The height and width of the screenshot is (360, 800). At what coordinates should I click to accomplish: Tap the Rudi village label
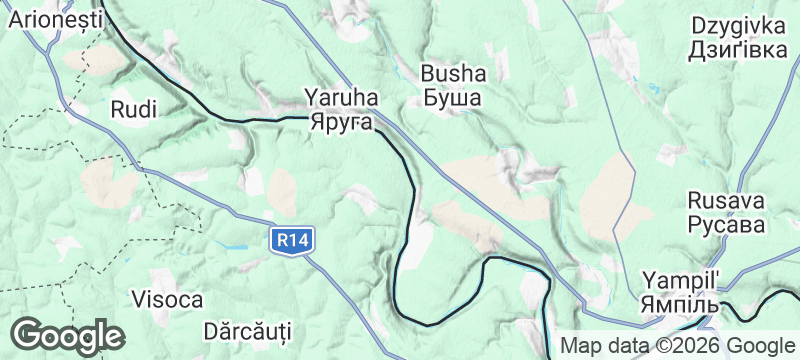[135, 108]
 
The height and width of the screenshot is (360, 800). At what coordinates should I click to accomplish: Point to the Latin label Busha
[453, 73]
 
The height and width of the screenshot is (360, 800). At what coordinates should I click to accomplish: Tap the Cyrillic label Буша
[453, 98]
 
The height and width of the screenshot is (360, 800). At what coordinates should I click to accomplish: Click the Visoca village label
[167, 299]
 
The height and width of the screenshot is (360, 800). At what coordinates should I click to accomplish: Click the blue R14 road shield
[292, 240]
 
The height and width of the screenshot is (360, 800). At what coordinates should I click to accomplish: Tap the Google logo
[67, 335]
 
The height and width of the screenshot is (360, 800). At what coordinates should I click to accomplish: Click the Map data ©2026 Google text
[676, 346]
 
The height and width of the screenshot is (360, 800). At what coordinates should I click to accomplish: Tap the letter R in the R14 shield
[283, 240]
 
